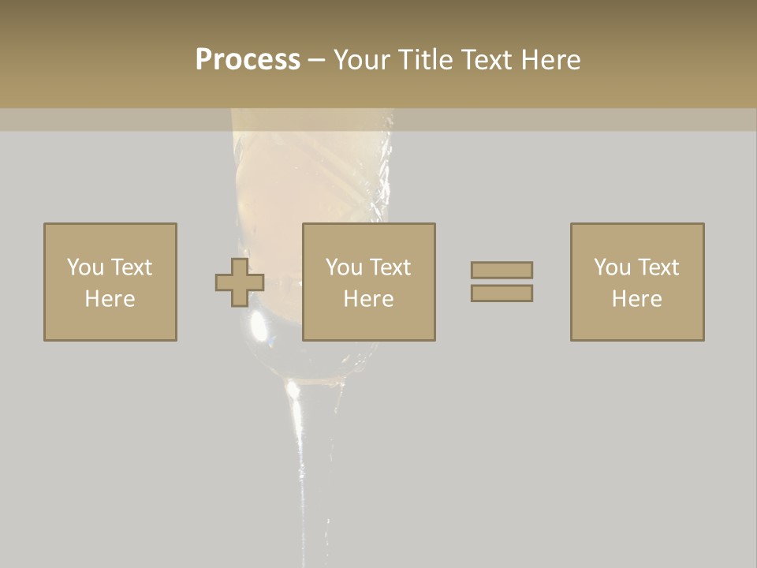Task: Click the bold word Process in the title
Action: [x=248, y=60]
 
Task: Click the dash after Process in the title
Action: [x=316, y=61]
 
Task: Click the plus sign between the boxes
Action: [x=240, y=282]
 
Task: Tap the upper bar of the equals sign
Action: [x=502, y=270]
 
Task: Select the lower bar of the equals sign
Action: [x=502, y=293]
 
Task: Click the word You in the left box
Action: [x=85, y=267]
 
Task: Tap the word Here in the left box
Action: [x=110, y=299]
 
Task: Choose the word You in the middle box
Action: [x=344, y=267]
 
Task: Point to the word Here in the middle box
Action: [x=368, y=299]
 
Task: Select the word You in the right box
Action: [x=612, y=267]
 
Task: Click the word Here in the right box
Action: [x=636, y=299]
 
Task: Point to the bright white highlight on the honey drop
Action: [x=258, y=319]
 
